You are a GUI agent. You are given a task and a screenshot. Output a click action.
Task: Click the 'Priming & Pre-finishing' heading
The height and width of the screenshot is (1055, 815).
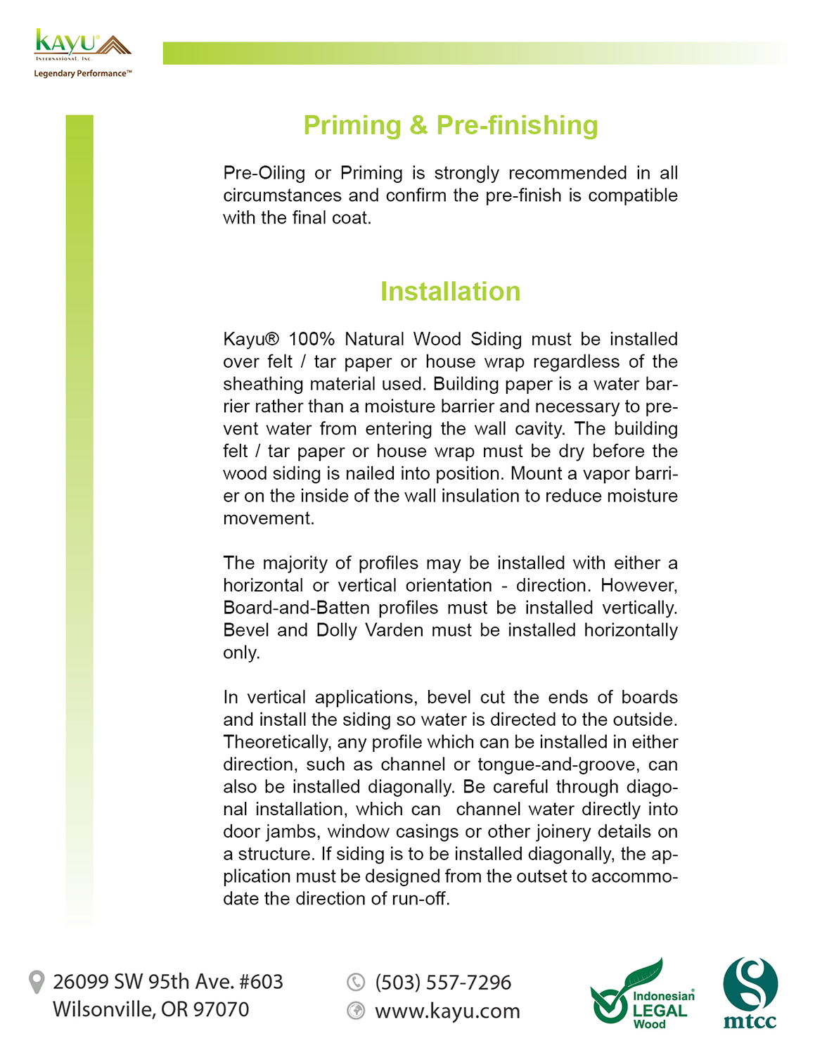pos(450,125)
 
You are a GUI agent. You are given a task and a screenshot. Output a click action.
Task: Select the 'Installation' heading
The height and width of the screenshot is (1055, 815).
pos(450,291)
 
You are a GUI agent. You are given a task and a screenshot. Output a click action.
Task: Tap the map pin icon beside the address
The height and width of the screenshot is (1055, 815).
pos(36,982)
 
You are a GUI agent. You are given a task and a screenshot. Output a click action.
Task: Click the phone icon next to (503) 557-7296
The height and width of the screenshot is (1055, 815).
pos(357,982)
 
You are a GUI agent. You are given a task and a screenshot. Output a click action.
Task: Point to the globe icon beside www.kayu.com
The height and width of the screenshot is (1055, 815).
pos(357,1011)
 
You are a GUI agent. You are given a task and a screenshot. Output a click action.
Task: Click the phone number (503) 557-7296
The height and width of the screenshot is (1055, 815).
pos(443,982)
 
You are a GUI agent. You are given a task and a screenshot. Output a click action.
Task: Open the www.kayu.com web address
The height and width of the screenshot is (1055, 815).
pos(447,1011)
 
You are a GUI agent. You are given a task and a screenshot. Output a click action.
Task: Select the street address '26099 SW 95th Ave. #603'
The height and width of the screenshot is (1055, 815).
pos(167,981)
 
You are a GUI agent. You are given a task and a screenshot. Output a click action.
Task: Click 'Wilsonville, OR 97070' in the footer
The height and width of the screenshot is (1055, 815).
pos(150,1009)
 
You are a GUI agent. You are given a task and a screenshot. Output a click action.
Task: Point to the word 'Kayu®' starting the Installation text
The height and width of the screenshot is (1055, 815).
pos(251,339)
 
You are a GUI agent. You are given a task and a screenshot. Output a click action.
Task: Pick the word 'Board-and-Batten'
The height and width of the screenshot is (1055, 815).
pos(296,608)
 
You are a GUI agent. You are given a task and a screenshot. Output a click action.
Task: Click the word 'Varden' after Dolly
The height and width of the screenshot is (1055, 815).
pos(394,630)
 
